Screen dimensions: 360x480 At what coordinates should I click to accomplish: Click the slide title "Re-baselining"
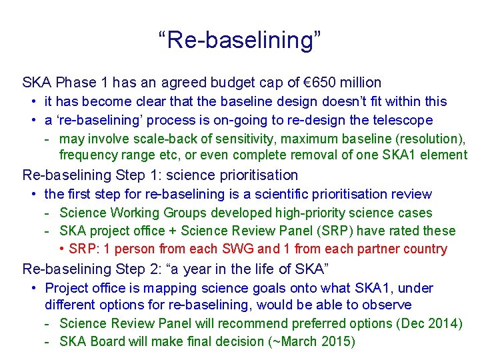click(x=240, y=39)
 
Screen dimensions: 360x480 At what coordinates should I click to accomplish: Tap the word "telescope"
click(x=403, y=121)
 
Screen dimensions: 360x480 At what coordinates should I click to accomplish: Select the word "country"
click(x=424, y=249)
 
